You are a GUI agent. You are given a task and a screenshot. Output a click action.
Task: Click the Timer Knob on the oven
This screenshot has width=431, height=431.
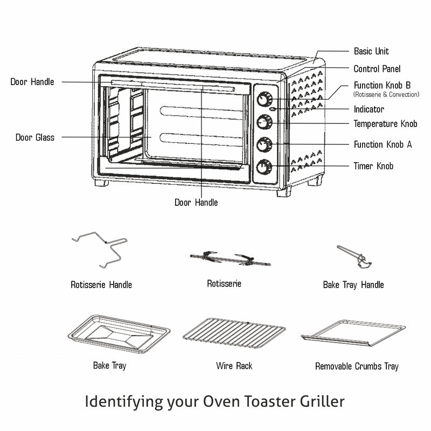point(264,168)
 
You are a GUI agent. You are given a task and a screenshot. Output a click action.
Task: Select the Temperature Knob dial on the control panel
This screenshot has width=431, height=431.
point(264,122)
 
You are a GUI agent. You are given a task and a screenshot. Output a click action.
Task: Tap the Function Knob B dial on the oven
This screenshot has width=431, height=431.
point(264,100)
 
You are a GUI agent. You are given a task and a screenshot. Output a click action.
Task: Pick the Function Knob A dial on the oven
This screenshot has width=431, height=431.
point(264,144)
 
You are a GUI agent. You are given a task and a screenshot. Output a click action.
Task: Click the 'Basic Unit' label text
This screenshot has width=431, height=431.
point(371,52)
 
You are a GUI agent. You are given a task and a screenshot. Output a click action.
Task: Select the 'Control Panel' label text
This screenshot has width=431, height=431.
point(377,69)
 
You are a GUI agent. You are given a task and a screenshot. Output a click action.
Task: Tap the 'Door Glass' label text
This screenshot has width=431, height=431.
point(34,138)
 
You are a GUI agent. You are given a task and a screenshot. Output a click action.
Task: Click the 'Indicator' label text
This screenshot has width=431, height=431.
point(369,109)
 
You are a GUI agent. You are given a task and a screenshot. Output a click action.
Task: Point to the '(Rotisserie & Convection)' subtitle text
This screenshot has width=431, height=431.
point(386,95)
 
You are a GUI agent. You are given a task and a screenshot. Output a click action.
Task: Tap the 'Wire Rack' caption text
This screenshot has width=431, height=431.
point(234,366)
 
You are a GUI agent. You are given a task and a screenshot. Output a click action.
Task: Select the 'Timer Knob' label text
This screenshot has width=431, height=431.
point(373,166)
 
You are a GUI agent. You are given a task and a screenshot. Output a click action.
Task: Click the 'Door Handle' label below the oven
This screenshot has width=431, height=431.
point(196,203)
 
